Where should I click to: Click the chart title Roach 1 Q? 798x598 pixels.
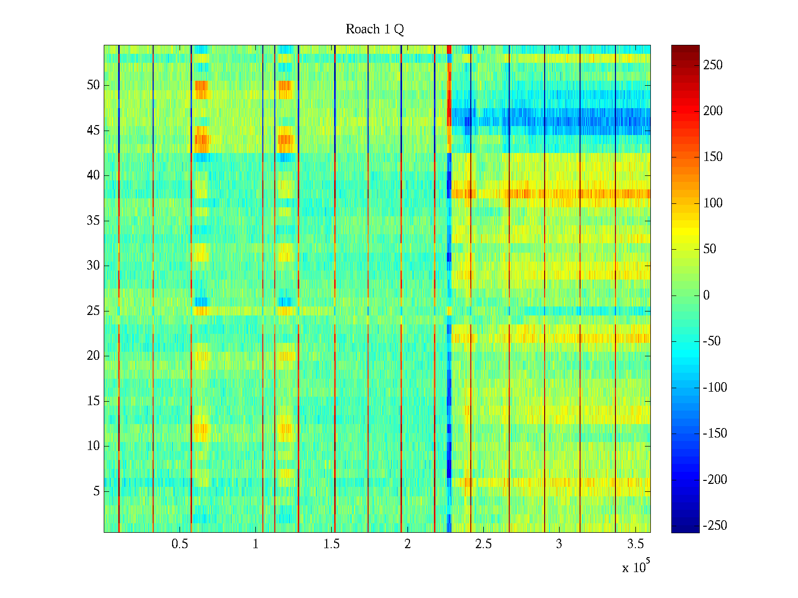pyautogui.click(x=375, y=30)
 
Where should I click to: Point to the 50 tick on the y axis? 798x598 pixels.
pyautogui.click(x=93, y=85)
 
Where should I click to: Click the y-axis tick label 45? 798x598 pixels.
pyautogui.click(x=93, y=131)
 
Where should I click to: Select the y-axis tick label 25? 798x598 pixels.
pyautogui.click(x=93, y=311)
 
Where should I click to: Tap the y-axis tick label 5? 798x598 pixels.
pyautogui.click(x=96, y=491)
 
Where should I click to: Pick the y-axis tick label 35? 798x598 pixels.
pyautogui.click(x=93, y=221)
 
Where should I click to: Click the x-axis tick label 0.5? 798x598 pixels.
pyautogui.click(x=180, y=544)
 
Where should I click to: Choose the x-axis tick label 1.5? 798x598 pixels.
pyautogui.click(x=331, y=544)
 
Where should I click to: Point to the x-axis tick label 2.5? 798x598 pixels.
pyautogui.click(x=483, y=544)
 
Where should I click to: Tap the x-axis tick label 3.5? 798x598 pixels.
pyautogui.click(x=635, y=544)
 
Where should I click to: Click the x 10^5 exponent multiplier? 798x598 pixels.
pyautogui.click(x=635, y=567)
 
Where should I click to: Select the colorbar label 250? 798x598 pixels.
pyautogui.click(x=713, y=65)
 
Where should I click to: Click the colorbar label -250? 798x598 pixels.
pyautogui.click(x=715, y=526)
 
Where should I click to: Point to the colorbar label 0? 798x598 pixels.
pyautogui.click(x=706, y=296)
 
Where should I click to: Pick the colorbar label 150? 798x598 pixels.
pyautogui.click(x=713, y=157)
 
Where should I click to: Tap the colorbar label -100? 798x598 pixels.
pyautogui.click(x=715, y=388)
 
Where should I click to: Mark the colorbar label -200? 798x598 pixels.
pyautogui.click(x=715, y=480)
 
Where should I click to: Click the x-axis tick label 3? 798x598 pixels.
pyautogui.click(x=559, y=544)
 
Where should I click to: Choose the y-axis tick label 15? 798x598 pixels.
pyautogui.click(x=93, y=401)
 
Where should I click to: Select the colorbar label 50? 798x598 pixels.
pyautogui.click(x=710, y=249)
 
